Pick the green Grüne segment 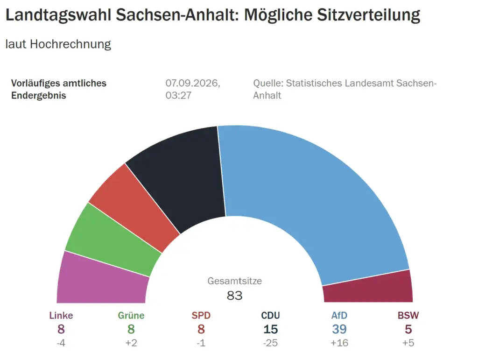pos(113,241)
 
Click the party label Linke pos(61,315)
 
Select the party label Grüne pos(131,315)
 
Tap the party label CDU pos(270,315)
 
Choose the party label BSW pos(408,315)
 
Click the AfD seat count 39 pos(339,329)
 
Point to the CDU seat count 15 pos(270,329)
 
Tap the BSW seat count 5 pos(408,329)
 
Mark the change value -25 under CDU pos(270,343)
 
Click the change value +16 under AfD pos(339,343)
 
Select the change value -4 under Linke pos(61,343)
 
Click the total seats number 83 pos(234,296)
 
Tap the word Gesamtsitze pos(234,281)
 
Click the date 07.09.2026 pos(193,83)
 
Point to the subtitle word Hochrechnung pos(70,44)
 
